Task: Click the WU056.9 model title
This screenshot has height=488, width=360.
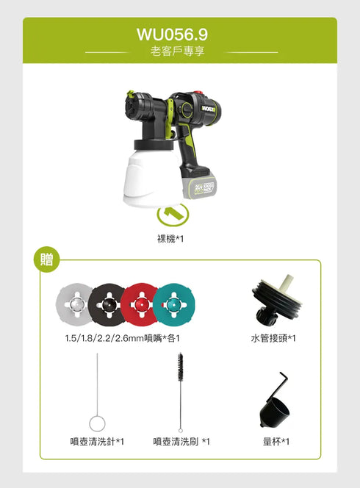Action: pyautogui.click(x=172, y=35)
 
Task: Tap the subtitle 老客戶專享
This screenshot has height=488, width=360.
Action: pyautogui.click(x=179, y=53)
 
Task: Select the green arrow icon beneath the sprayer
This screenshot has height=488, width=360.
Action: pyautogui.click(x=173, y=214)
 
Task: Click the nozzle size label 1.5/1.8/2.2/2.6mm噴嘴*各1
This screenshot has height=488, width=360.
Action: pyautogui.click(x=122, y=338)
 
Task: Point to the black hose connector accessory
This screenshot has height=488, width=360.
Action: pyautogui.click(x=276, y=302)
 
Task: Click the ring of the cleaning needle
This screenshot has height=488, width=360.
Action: pyautogui.click(x=97, y=423)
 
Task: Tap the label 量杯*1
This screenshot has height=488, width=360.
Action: pyautogui.click(x=276, y=442)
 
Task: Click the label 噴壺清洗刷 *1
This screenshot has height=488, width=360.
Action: pyautogui.click(x=181, y=442)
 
